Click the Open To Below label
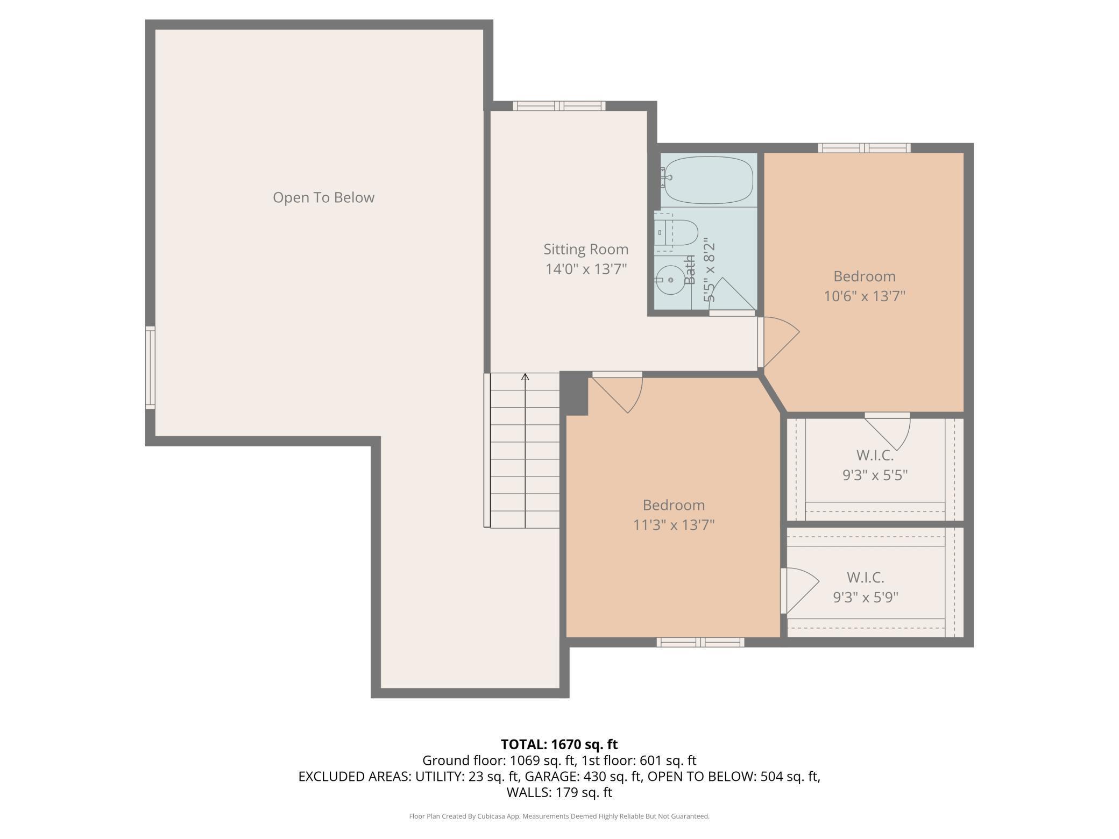pos(323,197)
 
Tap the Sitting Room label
pos(586,249)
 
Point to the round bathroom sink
pos(670,280)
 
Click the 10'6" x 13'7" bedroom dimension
pos(865,296)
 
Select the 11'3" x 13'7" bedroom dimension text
pos(674,524)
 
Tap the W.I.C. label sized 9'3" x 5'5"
pos(875,456)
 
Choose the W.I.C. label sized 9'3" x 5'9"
pos(865,578)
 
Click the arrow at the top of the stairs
pos(525,376)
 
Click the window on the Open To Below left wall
pos(150,367)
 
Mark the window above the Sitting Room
pos(559,106)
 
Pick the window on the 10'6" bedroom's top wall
pos(865,148)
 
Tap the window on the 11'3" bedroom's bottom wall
pos(700,642)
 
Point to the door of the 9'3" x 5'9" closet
pos(799,591)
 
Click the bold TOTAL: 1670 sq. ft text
pos(559,744)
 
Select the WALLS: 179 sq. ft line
pos(559,792)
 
